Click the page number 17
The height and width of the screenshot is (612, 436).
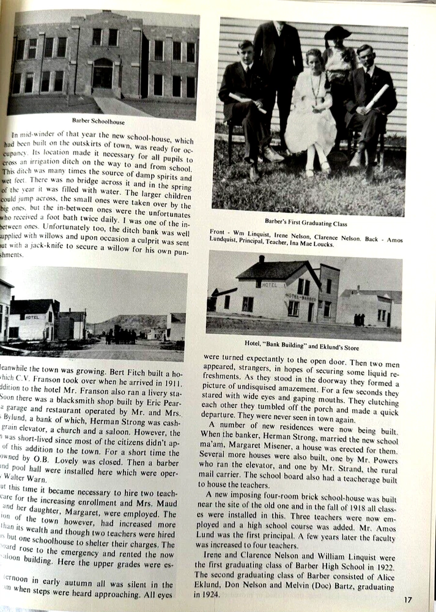(x=408, y=600)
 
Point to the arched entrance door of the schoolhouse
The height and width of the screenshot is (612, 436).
(x=102, y=73)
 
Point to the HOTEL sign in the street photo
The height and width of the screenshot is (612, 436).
(x=32, y=317)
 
